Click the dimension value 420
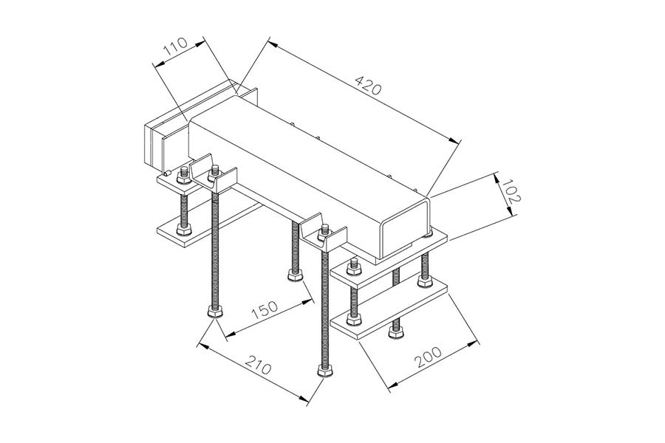[x=368, y=85]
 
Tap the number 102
[x=509, y=191]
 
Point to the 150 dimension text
[x=265, y=310]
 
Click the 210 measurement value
[x=259, y=365]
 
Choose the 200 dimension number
[x=428, y=357]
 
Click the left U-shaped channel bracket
[x=213, y=174]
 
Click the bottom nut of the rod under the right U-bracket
[x=325, y=370]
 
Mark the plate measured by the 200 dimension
[x=389, y=312]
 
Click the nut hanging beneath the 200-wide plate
[x=396, y=332]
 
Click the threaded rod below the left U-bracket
[x=216, y=250]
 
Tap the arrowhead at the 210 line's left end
[x=204, y=346]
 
